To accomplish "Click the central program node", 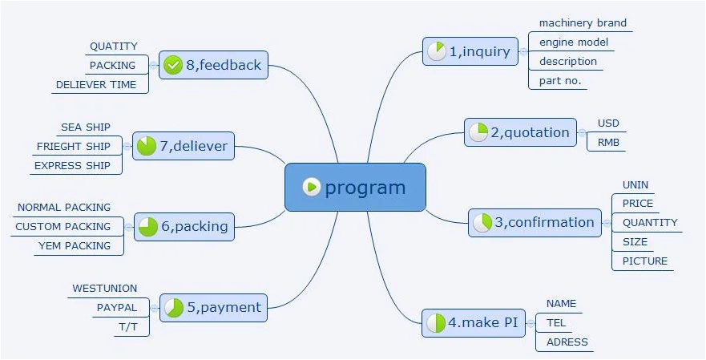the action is click(x=355, y=187).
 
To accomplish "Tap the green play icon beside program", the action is click(x=312, y=187).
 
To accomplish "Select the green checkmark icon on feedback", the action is click(x=172, y=65).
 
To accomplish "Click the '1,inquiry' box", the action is click(x=470, y=51).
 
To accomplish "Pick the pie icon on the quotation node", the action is click(x=478, y=132).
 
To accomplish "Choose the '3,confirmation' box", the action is click(x=535, y=223).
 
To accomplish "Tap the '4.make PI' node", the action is click(x=474, y=322).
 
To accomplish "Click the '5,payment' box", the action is click(x=213, y=308).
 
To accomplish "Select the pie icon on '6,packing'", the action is click(x=148, y=227).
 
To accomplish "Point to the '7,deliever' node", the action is click(x=184, y=146).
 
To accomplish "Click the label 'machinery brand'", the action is click(x=583, y=23).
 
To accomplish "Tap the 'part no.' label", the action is click(x=560, y=81).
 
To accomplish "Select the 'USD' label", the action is click(x=608, y=123).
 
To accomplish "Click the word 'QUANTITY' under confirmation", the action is click(x=650, y=223).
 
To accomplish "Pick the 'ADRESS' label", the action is click(x=567, y=342).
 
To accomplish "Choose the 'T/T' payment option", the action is click(x=128, y=328).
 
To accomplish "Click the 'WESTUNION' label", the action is click(x=104, y=289).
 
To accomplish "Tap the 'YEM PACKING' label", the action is click(x=75, y=246).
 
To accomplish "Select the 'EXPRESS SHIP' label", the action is click(x=72, y=166).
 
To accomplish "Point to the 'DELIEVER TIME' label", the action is click(x=96, y=85).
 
